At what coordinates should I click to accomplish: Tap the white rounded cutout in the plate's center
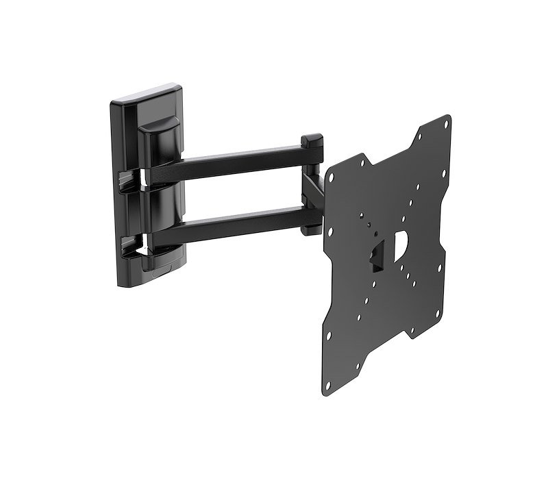pos(401,243)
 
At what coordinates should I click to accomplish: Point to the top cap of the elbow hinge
pos(312,141)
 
